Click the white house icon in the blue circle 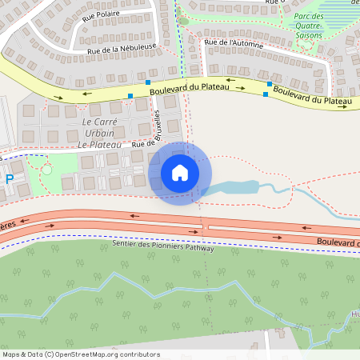[x=180, y=173]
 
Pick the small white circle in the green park [x=46, y=170]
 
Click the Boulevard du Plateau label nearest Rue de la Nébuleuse [x=190, y=91]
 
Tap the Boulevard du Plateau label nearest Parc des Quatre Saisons [x=312, y=95]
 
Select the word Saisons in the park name [x=308, y=35]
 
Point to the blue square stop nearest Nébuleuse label [x=148, y=82]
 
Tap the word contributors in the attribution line [x=138, y=354]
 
